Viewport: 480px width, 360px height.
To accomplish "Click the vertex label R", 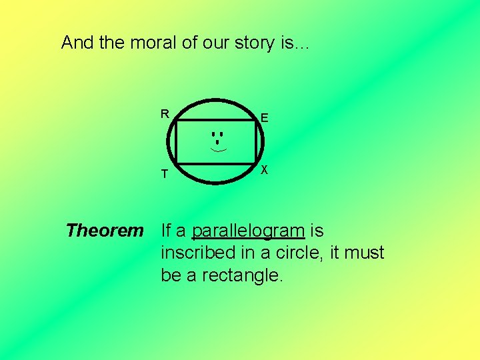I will (164, 113).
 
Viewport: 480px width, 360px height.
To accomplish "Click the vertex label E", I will (265, 118).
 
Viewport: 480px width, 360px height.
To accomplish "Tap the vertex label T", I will (164, 175).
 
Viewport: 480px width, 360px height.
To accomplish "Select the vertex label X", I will (265, 170).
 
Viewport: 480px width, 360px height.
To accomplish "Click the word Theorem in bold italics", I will (105, 231).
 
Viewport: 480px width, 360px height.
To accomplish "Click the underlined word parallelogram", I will (248, 231).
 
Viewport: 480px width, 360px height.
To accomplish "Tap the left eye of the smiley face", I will (213, 135).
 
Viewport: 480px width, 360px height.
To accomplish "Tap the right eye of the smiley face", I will (221, 135).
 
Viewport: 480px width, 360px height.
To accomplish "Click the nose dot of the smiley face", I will (217, 142).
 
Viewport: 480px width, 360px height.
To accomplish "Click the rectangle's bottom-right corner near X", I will (256, 163).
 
